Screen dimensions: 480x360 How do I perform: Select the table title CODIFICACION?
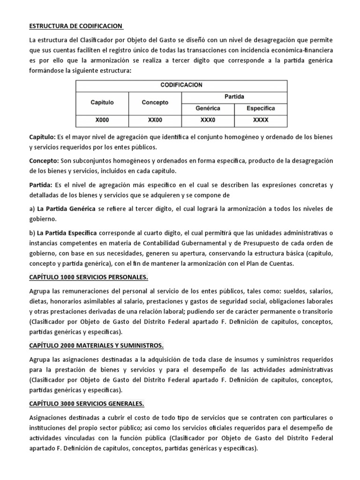[181, 85]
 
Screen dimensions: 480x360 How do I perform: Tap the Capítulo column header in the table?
[102, 102]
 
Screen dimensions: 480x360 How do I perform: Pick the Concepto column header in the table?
[155, 102]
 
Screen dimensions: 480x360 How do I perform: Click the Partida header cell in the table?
[234, 97]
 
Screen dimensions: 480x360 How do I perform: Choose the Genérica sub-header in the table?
[208, 108]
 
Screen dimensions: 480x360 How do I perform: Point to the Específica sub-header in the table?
[261, 108]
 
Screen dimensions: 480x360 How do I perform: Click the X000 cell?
[102, 120]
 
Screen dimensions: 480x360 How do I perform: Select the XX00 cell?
[155, 120]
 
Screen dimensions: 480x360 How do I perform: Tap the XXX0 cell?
[208, 120]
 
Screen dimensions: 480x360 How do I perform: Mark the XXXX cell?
[261, 120]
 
